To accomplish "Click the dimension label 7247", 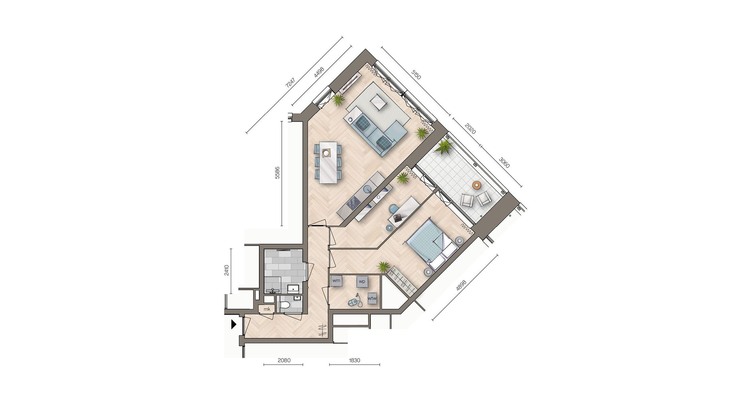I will pyautogui.click(x=290, y=83).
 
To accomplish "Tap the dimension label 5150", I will pyautogui.click(x=416, y=74).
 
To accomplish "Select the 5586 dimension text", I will pyautogui.click(x=277, y=172).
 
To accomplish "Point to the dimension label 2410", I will pyautogui.click(x=227, y=270).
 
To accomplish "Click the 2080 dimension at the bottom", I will pyautogui.click(x=284, y=360).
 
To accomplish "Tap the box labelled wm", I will pyautogui.click(x=336, y=281).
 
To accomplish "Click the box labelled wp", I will pyautogui.click(x=362, y=281).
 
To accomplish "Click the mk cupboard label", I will pyautogui.click(x=267, y=309).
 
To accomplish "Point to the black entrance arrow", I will pyautogui.click(x=233, y=324).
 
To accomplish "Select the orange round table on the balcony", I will pyautogui.click(x=477, y=185).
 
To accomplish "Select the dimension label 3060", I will pyautogui.click(x=504, y=162).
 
